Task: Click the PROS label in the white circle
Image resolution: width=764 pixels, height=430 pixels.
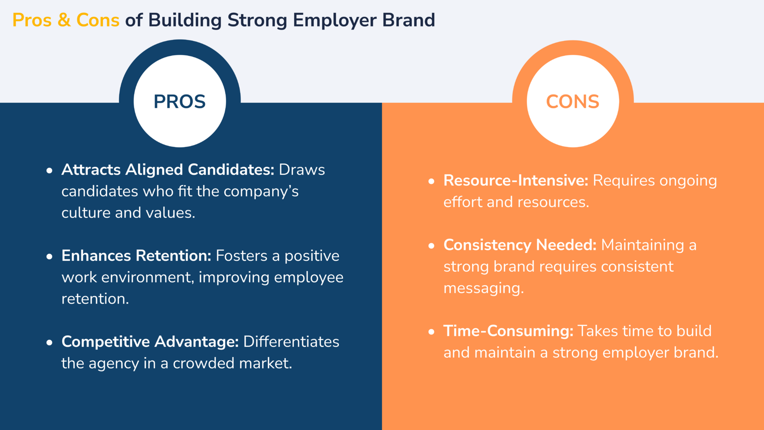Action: pyautogui.click(x=180, y=101)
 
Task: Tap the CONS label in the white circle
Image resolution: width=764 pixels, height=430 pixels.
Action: pyautogui.click(x=573, y=101)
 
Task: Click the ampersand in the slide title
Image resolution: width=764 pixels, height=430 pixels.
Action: pyautogui.click(x=64, y=20)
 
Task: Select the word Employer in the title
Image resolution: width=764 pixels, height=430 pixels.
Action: pyautogui.click(x=335, y=20)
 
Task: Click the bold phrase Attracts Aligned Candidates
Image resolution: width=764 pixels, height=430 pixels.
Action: pyautogui.click(x=168, y=170)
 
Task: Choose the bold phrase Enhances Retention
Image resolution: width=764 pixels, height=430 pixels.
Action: pyautogui.click(x=136, y=256)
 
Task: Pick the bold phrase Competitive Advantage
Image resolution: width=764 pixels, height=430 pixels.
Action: pyautogui.click(x=150, y=342)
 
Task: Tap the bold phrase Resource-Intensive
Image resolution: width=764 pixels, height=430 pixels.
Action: pyautogui.click(x=516, y=181)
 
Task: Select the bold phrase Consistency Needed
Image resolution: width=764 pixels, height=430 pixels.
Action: pyautogui.click(x=520, y=245)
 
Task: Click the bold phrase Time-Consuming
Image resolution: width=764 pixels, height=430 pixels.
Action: pyautogui.click(x=508, y=331)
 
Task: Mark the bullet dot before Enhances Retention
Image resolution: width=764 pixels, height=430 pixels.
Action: pyautogui.click(x=50, y=256)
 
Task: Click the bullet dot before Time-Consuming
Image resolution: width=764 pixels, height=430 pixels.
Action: pyautogui.click(x=432, y=332)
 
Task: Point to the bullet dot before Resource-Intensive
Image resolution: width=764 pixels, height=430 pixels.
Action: pyautogui.click(x=432, y=181)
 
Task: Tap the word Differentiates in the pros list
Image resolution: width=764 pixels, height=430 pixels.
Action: pyautogui.click(x=291, y=342)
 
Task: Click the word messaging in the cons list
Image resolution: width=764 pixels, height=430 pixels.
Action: pyautogui.click(x=484, y=288)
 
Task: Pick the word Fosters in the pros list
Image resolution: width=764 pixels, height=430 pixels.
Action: pyautogui.click(x=241, y=256)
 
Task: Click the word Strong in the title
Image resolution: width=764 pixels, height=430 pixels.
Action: pyautogui.click(x=257, y=20)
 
